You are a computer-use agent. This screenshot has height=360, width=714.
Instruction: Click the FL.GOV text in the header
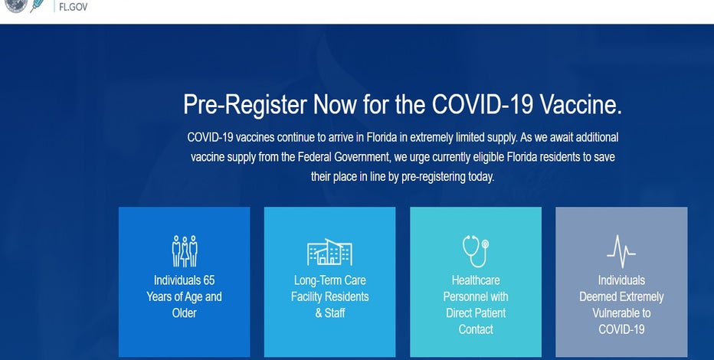[x=74, y=8]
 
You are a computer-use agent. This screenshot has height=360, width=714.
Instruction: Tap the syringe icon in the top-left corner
[x=38, y=5]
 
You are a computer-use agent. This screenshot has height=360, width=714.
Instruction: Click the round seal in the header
[x=16, y=5]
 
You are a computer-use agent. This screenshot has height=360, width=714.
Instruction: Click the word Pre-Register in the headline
[x=245, y=105]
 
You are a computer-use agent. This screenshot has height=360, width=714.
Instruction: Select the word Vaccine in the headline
[x=581, y=104]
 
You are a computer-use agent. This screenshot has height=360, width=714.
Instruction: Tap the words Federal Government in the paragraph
[x=344, y=157]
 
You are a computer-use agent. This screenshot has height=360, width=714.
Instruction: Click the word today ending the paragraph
[x=481, y=177]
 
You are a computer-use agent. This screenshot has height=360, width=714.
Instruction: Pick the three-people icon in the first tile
[x=185, y=250]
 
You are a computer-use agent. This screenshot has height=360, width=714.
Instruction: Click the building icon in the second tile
[x=329, y=252]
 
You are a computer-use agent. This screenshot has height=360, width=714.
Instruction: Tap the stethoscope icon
[x=476, y=250]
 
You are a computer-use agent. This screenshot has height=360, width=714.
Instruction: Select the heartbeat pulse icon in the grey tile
[x=621, y=251]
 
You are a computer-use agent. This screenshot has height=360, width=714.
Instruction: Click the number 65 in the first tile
[x=208, y=280]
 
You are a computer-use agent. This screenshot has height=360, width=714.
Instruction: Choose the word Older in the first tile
[x=185, y=313]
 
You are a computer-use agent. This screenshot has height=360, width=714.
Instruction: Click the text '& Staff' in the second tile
[x=330, y=313]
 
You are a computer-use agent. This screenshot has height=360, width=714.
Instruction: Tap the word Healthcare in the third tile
[x=476, y=280]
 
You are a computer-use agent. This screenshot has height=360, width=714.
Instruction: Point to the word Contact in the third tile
[x=476, y=329]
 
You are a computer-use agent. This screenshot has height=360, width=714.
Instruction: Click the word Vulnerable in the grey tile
[x=615, y=313]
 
